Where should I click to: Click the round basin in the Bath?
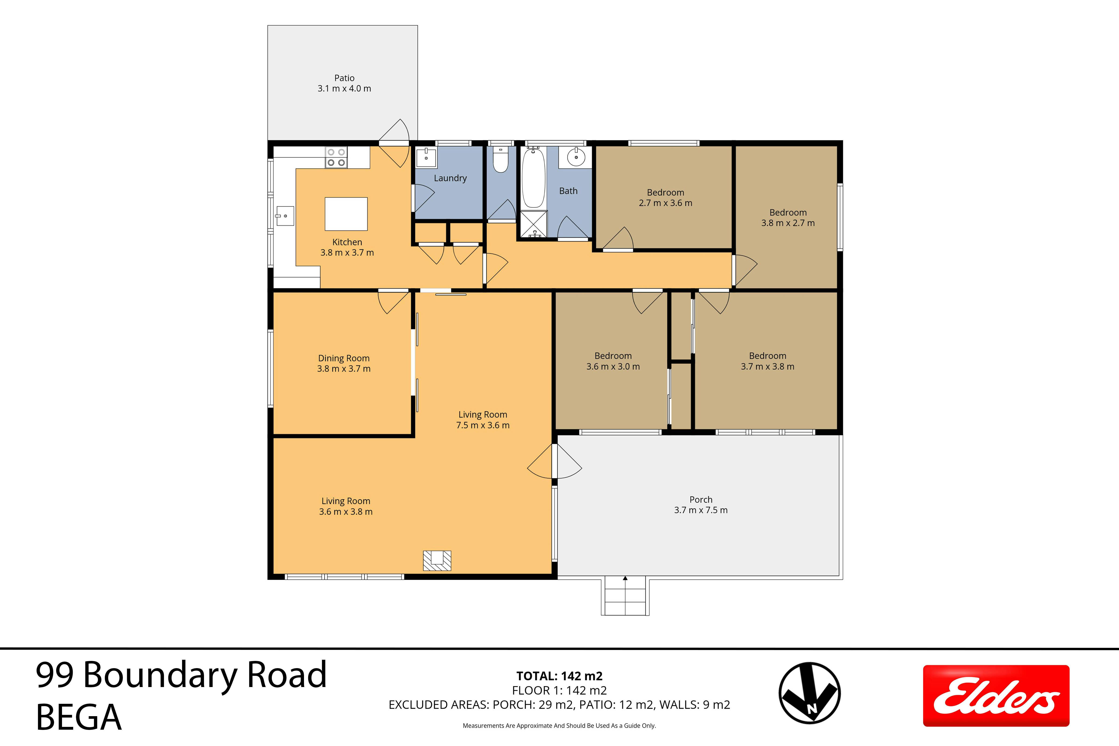[x=576, y=157]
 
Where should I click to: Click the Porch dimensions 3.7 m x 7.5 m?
[x=701, y=510]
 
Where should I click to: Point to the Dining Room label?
[x=343, y=358]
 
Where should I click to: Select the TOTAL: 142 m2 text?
[x=559, y=676]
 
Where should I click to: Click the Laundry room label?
[x=450, y=178]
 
